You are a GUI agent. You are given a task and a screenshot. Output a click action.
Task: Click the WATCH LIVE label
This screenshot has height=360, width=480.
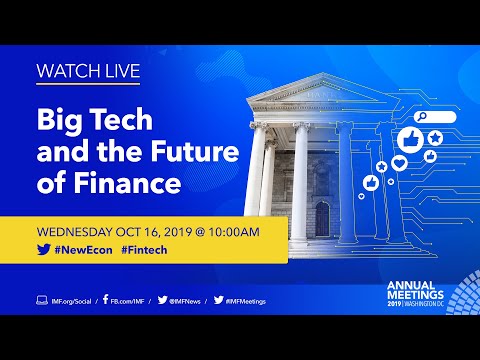87,72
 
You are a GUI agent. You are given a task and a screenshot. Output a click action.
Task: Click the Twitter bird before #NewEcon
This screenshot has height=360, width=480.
43,253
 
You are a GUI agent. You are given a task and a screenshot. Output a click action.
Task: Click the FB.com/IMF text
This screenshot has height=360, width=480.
130,300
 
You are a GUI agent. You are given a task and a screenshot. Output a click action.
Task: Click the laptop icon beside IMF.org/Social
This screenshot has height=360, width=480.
41,300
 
